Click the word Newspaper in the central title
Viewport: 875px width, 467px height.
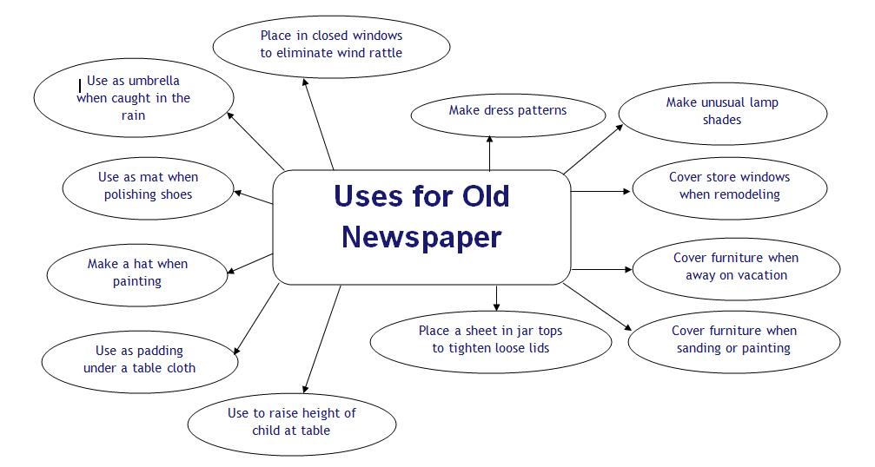pyautogui.click(x=421, y=236)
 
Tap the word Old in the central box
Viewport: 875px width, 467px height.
pyautogui.click(x=480, y=196)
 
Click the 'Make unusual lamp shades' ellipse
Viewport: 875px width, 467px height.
pyautogui.click(x=722, y=111)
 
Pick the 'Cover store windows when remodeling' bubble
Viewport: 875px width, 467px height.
pyautogui.click(x=729, y=186)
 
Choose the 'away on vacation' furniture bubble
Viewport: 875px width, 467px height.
pyautogui.click(x=735, y=266)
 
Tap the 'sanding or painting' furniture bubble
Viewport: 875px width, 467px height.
pyautogui.click(x=734, y=339)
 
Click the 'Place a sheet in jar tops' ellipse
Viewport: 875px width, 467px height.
pyautogui.click(x=490, y=339)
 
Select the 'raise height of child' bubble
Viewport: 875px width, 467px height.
pyautogui.click(x=292, y=422)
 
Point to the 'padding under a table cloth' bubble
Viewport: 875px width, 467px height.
pyautogui.click(x=139, y=359)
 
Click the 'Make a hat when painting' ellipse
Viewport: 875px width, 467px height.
pyautogui.click(x=137, y=273)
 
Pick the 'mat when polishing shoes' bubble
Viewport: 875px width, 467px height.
pyautogui.click(x=148, y=186)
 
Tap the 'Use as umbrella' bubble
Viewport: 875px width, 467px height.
pyautogui.click(x=133, y=98)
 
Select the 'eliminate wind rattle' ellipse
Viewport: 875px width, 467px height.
pyautogui.click(x=331, y=44)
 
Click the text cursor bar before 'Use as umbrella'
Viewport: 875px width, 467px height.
pyautogui.click(x=80, y=85)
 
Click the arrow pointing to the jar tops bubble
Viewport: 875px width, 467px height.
pyautogui.click(x=496, y=297)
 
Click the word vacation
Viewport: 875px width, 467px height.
pyautogui.click(x=762, y=275)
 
